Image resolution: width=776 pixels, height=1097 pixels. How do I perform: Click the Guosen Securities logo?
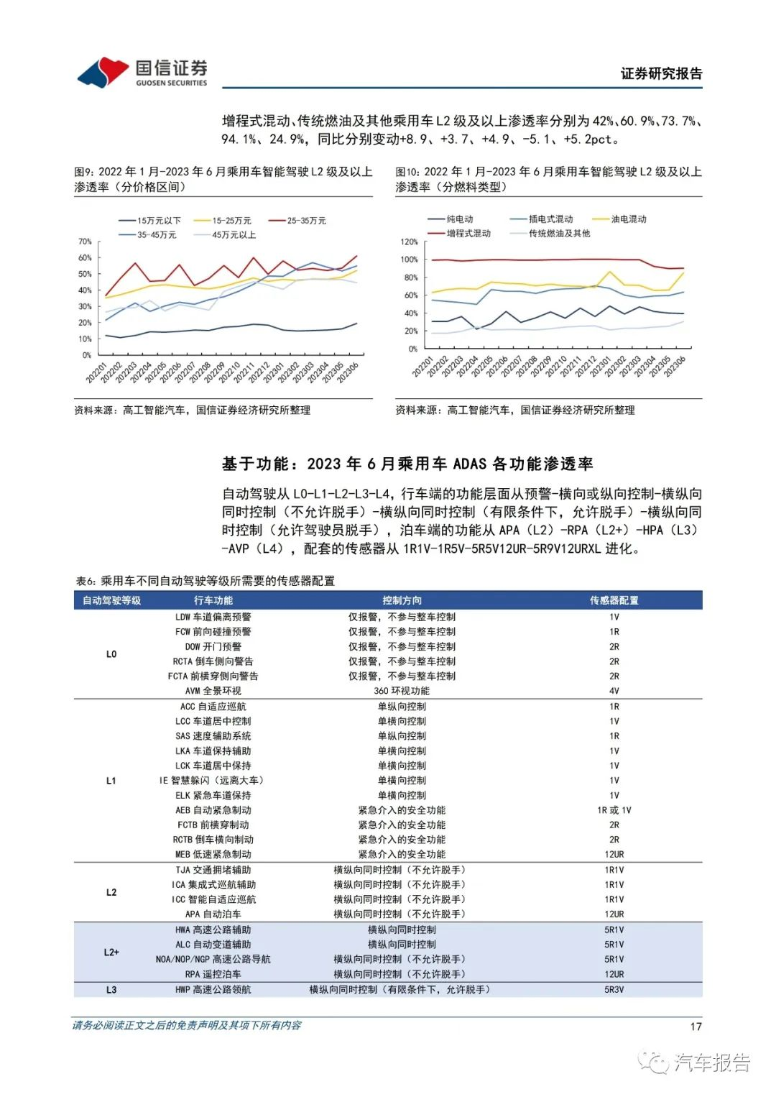[142, 73]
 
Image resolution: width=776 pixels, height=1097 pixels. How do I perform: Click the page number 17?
[695, 1027]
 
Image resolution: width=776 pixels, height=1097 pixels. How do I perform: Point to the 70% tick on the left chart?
[85, 242]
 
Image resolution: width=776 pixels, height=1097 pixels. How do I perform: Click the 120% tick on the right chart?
[409, 242]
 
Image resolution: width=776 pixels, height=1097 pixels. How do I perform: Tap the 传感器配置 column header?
[614, 600]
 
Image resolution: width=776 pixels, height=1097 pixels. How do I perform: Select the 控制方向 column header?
[402, 600]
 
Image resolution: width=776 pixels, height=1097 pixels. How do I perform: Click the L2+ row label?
[111, 952]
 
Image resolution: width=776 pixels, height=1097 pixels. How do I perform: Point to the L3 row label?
[111, 990]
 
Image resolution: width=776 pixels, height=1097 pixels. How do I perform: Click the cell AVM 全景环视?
[213, 691]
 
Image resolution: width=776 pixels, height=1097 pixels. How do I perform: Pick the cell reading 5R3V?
[614, 990]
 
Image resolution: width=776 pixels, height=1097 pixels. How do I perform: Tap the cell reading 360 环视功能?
[402, 691]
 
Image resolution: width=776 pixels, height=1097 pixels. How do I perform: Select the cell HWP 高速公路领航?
[213, 990]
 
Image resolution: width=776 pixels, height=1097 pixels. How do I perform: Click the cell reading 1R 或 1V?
[614, 810]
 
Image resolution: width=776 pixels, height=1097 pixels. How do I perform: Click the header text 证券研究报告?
[661, 73]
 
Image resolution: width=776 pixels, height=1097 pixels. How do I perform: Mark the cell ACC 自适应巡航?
[213, 707]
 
